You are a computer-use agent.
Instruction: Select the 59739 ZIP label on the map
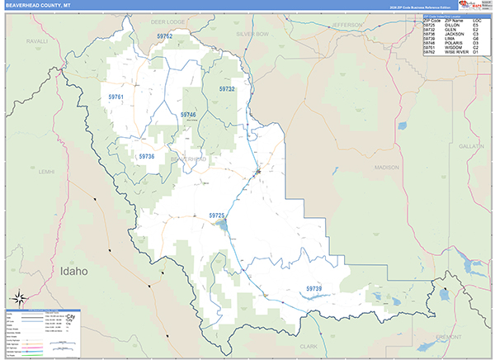(314, 288)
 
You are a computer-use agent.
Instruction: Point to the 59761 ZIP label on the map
(115, 97)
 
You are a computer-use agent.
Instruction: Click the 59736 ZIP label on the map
(147, 156)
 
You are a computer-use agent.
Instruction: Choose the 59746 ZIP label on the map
(188, 115)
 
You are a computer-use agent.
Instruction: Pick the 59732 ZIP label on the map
(227, 88)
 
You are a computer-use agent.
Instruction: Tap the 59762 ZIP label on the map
(165, 37)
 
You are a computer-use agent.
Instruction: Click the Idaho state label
(73, 271)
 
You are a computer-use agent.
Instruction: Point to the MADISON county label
(386, 168)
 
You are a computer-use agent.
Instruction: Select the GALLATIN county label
(472, 145)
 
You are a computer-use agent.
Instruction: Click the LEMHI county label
(45, 171)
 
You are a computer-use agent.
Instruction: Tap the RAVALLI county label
(37, 40)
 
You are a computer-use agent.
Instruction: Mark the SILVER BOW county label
(252, 34)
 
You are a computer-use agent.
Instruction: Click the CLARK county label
(309, 346)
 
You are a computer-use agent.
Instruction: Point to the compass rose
(20, 298)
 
